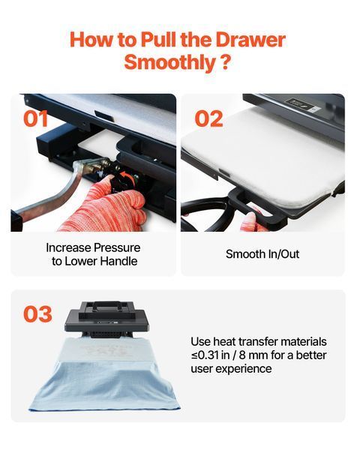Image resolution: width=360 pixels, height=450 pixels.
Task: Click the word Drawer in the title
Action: pos(250,39)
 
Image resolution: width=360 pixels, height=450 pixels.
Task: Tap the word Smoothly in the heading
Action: pos(169,62)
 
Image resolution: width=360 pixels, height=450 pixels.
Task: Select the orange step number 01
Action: pos(35,118)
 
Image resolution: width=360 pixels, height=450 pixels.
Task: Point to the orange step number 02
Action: pos(208,118)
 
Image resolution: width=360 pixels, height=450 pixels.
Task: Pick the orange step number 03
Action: pos(37,314)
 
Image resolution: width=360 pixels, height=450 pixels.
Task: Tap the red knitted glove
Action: pos(108,207)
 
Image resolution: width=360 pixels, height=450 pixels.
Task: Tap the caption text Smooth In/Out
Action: pos(262,254)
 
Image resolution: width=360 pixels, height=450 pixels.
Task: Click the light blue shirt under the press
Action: pos(105,376)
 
